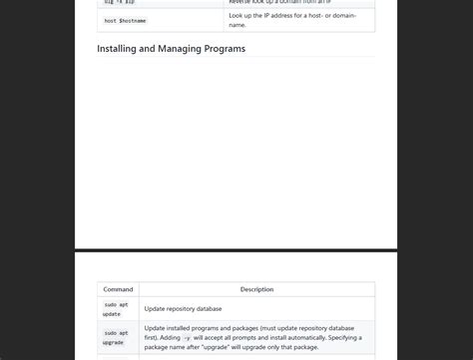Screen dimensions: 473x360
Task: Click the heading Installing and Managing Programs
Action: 171,48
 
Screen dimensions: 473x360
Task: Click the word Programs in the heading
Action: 223,48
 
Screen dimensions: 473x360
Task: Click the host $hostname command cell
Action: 125,21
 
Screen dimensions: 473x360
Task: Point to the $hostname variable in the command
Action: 133,21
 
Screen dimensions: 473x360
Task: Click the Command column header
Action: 118,289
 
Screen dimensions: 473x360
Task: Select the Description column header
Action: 256,289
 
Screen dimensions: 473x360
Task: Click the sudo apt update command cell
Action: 116,309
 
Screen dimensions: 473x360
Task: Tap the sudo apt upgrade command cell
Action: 116,337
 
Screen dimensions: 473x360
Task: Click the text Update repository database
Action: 183,309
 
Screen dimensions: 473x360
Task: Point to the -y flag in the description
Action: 187,338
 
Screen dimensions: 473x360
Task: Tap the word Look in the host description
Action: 237,16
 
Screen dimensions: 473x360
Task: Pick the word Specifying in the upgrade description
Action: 337,337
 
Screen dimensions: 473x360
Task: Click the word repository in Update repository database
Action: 185,309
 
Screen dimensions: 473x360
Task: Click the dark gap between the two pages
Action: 236,249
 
